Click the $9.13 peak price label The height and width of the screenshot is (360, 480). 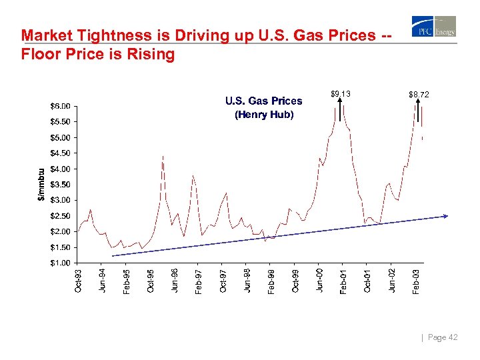(x=340, y=95)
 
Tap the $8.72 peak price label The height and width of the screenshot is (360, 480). (x=419, y=95)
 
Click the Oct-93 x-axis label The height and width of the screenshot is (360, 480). (x=79, y=279)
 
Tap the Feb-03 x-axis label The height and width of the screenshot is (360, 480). (x=416, y=279)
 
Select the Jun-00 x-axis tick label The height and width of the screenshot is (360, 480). (x=319, y=279)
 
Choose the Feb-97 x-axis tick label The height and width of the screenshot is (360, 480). (x=199, y=279)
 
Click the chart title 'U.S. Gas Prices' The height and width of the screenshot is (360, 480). (x=263, y=101)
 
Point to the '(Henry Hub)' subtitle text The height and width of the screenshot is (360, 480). (x=263, y=115)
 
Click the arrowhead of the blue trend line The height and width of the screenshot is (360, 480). (x=445, y=216)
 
